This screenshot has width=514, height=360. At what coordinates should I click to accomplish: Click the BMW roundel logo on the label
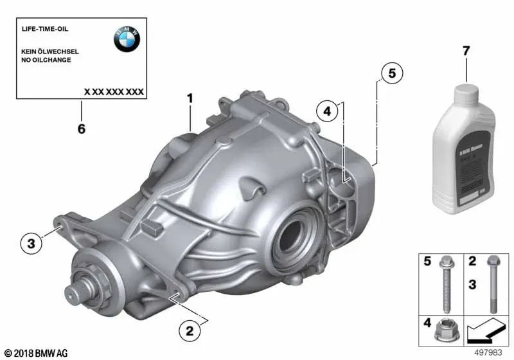coord(127,40)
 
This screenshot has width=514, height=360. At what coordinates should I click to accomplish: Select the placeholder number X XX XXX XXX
coord(114,92)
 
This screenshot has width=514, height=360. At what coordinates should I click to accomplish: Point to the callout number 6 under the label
coord(81,129)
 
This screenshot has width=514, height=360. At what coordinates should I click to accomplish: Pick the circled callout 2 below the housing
coord(189,331)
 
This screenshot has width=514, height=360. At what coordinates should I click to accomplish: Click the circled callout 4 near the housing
coord(326,112)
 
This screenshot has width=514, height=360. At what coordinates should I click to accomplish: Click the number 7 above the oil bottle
coord(466,51)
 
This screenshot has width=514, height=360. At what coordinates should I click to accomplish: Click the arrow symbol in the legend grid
coord(484,333)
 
